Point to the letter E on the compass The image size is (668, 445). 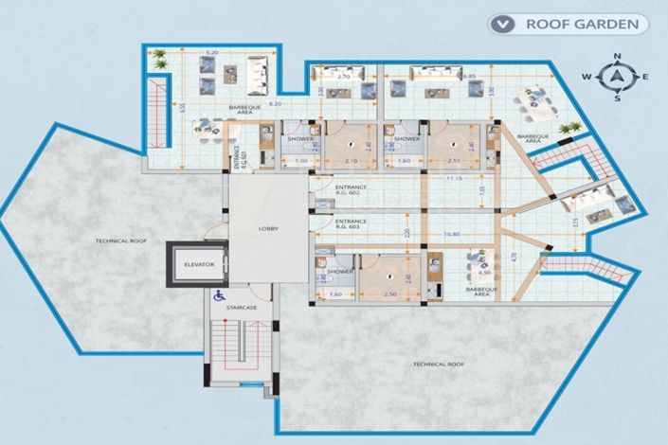(x=645, y=77)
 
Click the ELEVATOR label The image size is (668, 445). (x=199, y=265)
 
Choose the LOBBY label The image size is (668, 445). (x=268, y=229)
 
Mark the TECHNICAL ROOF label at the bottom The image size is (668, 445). (x=438, y=364)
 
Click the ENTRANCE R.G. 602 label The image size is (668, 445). (x=351, y=190)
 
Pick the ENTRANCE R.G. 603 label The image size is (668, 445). (x=351, y=224)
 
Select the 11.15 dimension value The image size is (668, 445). (x=454, y=178)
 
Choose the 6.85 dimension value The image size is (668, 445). (x=468, y=76)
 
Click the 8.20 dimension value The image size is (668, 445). (x=274, y=102)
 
